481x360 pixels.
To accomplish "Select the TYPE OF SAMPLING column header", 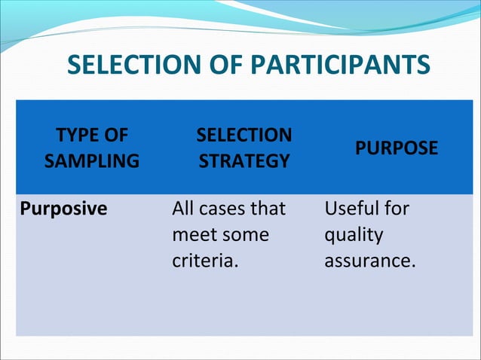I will click(x=92, y=148).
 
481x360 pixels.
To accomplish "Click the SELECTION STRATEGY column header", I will click(x=244, y=148).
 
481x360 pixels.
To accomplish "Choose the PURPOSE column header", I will click(x=397, y=148).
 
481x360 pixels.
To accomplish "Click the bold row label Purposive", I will click(x=63, y=209).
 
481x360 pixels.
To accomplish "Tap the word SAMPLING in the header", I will click(x=92, y=161).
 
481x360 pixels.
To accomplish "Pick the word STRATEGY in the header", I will click(x=244, y=161).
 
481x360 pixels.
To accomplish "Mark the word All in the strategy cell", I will click(x=183, y=209).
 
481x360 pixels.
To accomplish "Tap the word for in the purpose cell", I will click(x=397, y=209).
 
